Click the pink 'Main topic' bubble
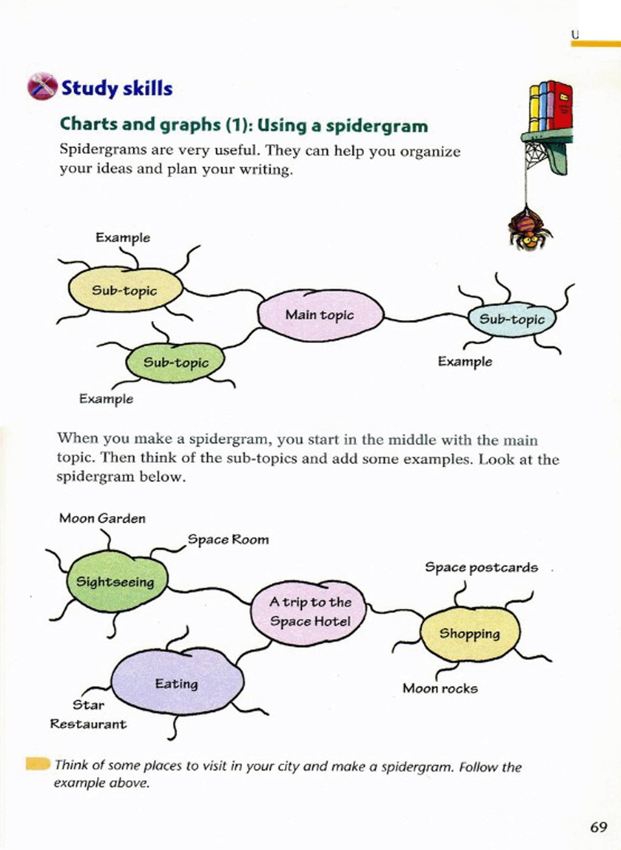320,314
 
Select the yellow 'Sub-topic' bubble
125,290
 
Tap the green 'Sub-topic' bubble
175,362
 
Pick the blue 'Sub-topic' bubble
512,319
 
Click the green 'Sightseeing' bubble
116,582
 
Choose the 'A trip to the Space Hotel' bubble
309,612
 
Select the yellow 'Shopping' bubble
470,634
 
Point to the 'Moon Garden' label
102,518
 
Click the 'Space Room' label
228,540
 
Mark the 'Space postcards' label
482,568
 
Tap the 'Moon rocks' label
440,688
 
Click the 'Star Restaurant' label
89,715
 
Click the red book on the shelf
562,106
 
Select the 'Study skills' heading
116,89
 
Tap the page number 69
599,827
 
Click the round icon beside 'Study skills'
42,86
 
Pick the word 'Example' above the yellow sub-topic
123,237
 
